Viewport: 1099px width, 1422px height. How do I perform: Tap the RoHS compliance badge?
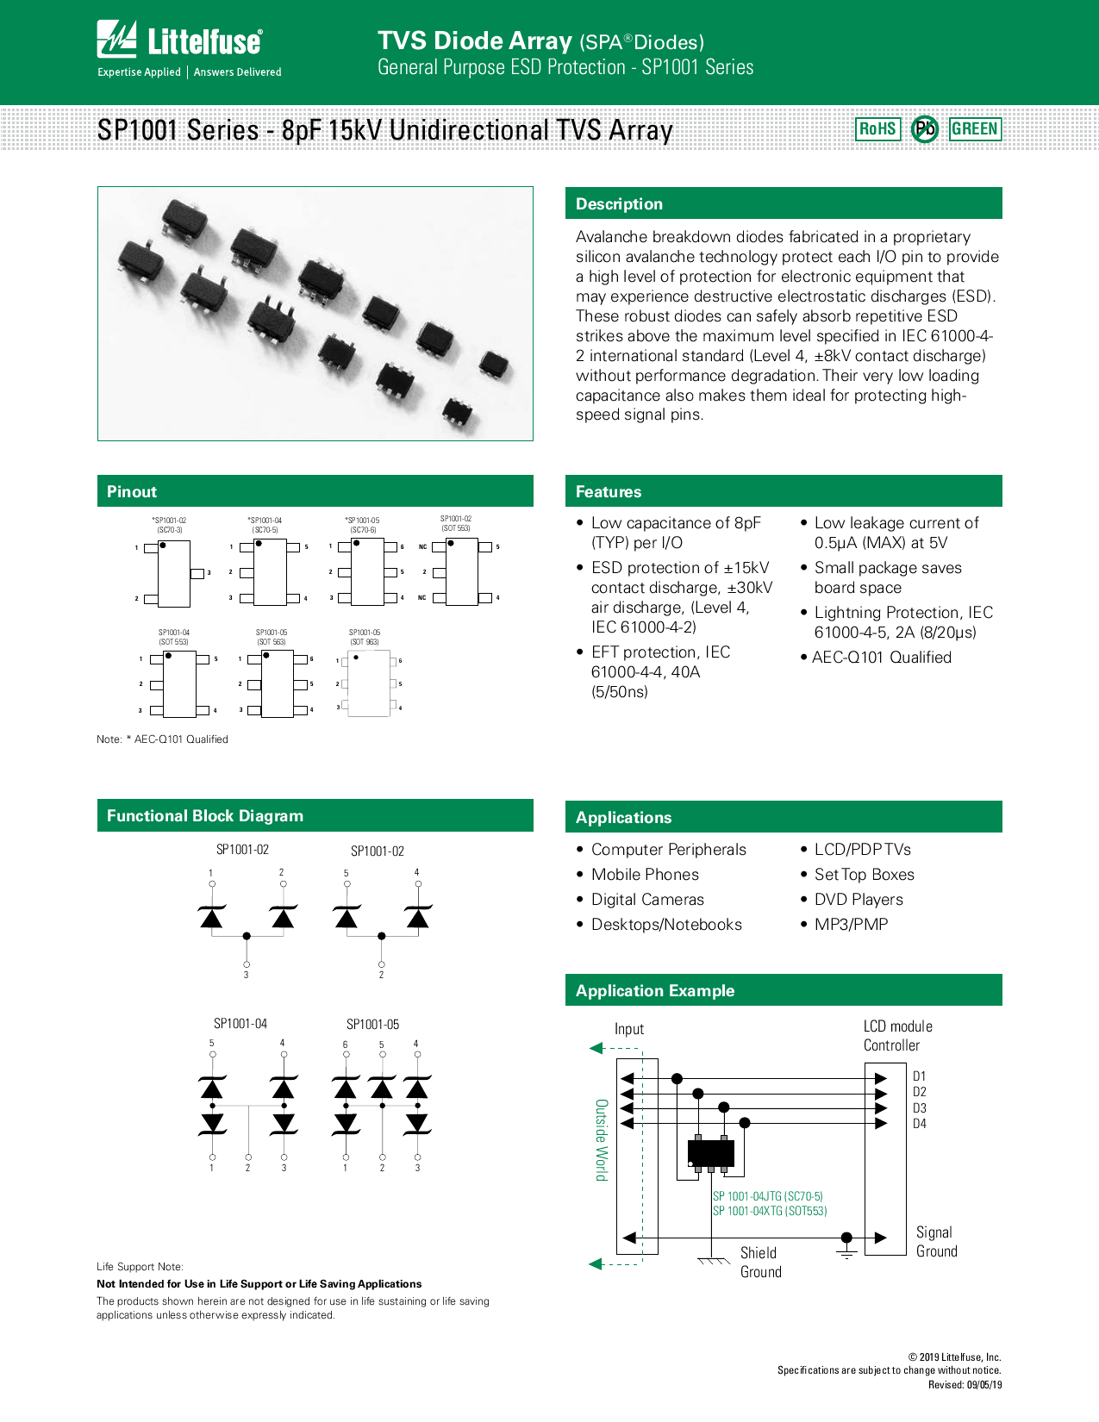click(877, 129)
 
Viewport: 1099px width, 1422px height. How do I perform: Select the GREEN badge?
click(975, 129)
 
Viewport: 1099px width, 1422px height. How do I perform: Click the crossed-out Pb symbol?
click(925, 129)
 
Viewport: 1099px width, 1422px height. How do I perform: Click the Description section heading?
click(619, 204)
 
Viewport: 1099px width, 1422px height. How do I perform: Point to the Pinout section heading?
click(132, 492)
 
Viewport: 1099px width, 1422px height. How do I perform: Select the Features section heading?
click(609, 492)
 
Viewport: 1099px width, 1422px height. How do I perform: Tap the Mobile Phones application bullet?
click(645, 875)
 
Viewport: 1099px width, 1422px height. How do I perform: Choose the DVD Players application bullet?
click(859, 900)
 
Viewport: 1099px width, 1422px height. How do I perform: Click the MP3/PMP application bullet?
click(851, 925)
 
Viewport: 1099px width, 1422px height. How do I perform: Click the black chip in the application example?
click(711, 1152)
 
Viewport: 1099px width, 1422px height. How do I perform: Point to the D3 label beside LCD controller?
click(920, 1108)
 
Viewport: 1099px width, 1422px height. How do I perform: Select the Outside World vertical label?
click(602, 1139)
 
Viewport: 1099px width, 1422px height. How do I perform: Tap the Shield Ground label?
click(760, 1263)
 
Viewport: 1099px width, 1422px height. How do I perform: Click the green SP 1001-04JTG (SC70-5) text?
click(767, 1196)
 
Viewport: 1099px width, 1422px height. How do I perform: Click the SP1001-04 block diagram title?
click(240, 1024)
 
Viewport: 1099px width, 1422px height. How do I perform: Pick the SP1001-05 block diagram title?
click(372, 1025)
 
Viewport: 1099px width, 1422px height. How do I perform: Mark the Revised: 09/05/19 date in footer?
click(965, 1385)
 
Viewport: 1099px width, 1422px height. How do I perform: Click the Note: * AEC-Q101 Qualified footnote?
click(162, 739)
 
